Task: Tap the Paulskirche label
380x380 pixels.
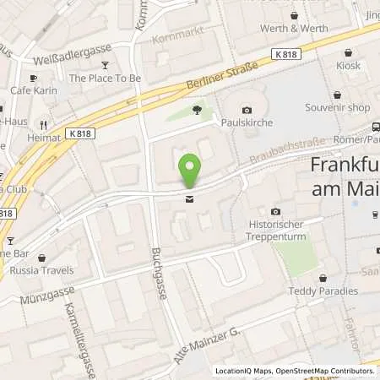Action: click(x=246, y=123)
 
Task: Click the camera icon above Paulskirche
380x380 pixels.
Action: click(x=247, y=110)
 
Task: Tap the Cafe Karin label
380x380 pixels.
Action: click(x=32, y=90)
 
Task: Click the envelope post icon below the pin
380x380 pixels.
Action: click(x=189, y=199)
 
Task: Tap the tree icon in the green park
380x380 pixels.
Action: click(x=197, y=109)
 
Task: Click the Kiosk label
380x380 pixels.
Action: click(x=347, y=65)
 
